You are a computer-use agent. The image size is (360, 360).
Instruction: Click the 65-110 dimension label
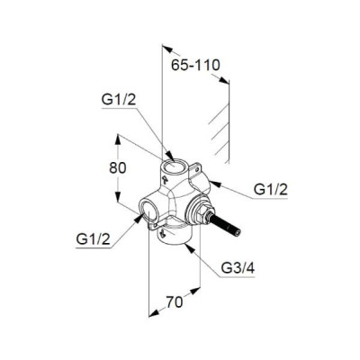pos(195,65)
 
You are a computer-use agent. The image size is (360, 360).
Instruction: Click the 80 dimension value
pos(118,168)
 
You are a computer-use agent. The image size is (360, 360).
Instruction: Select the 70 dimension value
pos(175,301)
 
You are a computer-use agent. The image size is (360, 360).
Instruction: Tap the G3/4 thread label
pos(238,268)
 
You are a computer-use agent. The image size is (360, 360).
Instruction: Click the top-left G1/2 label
pos(119,100)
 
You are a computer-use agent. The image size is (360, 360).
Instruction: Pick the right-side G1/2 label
pos(271,190)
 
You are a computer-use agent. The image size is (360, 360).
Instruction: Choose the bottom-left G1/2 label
pos(94,239)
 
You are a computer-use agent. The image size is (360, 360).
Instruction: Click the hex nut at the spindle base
pos(204,214)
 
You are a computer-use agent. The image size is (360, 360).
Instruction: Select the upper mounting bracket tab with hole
pos(196,168)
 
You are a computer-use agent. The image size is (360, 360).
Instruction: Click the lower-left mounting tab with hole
pos(156,224)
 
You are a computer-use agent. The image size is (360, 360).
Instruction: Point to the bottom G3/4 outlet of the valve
pos(174,237)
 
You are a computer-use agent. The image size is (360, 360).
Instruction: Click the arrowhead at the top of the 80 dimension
pos(118,139)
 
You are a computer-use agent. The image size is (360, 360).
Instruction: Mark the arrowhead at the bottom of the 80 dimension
pos(118,197)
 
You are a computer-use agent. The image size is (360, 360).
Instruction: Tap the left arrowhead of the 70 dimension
pos(153,313)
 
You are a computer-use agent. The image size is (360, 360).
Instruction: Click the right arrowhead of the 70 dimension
pos(195,291)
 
